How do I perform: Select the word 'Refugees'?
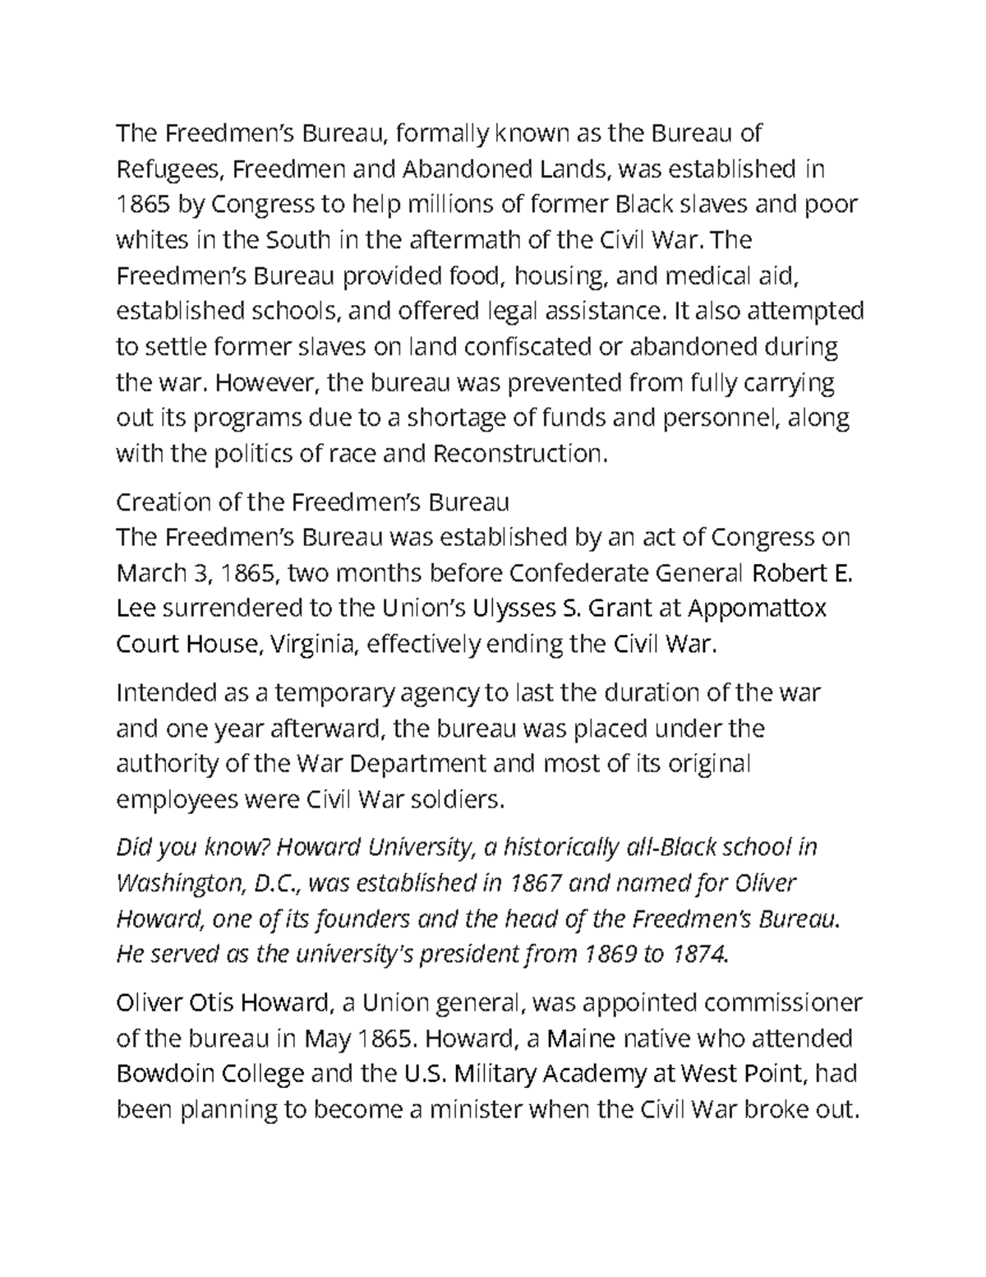point(168,169)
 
